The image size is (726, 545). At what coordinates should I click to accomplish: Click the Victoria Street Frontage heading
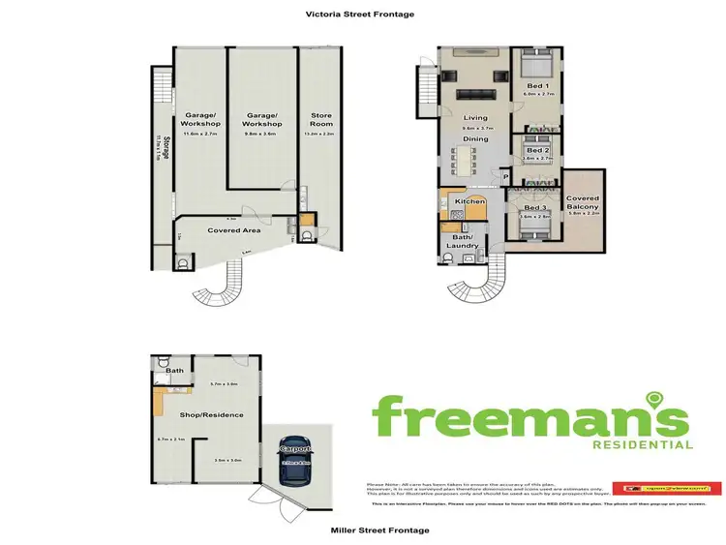pos(347,15)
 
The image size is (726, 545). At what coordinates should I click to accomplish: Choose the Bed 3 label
pos(536,207)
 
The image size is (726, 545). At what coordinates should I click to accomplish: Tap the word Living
pos(475,117)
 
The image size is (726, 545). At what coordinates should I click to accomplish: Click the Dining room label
pos(475,139)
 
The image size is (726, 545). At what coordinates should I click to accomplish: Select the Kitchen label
pos(469,201)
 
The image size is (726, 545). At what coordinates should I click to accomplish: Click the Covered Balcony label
pos(583,202)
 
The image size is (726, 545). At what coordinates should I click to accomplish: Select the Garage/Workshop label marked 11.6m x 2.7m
pos(201,120)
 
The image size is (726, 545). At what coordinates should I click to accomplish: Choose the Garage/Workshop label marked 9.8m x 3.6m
pos(262,120)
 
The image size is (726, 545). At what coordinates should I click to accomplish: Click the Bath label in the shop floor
pos(175,370)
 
